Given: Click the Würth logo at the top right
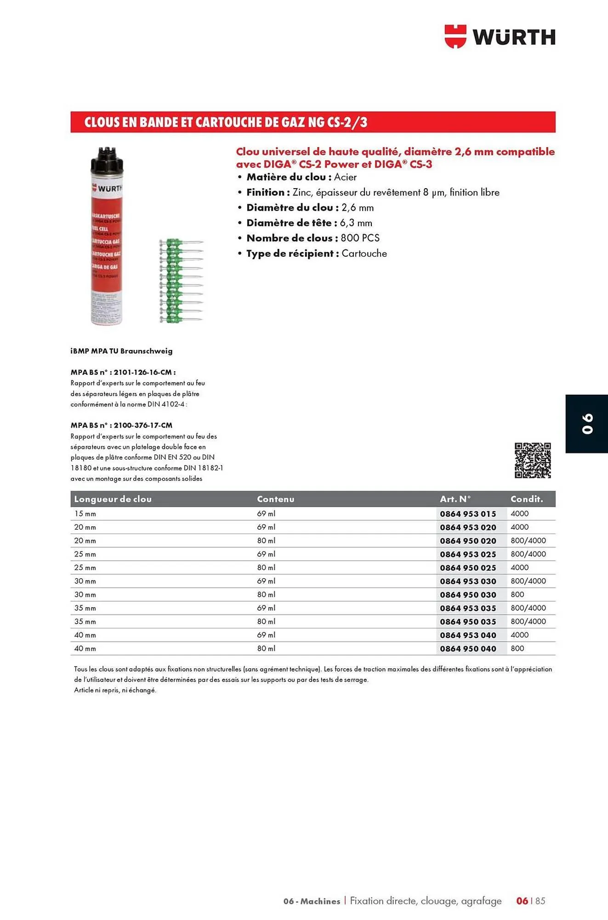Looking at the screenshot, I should (x=500, y=37).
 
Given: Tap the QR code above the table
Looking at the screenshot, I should (x=532, y=460).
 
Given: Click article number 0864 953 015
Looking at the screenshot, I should (x=468, y=514).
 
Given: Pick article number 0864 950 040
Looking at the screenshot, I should (x=468, y=649).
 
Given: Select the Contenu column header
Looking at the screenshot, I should (x=275, y=499).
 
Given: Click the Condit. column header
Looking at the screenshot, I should (x=527, y=499).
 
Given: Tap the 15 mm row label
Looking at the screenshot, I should (x=85, y=514).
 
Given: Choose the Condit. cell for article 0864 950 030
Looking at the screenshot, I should (x=517, y=595).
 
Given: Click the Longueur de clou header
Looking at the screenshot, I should (x=113, y=499).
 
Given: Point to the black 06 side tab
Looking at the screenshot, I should (x=587, y=424).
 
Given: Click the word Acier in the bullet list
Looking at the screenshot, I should (x=345, y=177).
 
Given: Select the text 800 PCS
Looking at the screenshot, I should (x=360, y=238).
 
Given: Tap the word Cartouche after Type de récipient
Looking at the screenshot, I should (x=364, y=253).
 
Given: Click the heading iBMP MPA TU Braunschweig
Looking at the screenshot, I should (x=121, y=351).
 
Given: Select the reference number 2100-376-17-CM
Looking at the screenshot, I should (x=143, y=425).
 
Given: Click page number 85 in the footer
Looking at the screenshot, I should (x=540, y=901).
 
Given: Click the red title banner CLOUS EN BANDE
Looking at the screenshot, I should (x=313, y=122).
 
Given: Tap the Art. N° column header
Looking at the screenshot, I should (x=455, y=499).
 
